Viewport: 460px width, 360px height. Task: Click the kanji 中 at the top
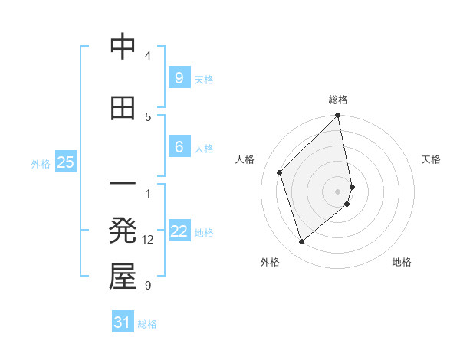(x=123, y=48)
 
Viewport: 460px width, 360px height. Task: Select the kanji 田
(x=123, y=108)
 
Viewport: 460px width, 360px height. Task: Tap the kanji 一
(x=123, y=185)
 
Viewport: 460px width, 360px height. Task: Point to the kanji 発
(x=123, y=231)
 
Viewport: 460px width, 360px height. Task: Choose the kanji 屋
(x=123, y=277)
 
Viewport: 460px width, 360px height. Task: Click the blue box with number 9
(x=179, y=77)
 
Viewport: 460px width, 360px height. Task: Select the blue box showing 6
(x=179, y=147)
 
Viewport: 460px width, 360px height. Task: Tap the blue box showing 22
(x=179, y=231)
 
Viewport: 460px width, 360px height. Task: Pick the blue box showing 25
(x=65, y=162)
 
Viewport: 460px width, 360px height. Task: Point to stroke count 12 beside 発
(x=148, y=240)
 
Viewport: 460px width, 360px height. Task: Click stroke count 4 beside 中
(x=148, y=56)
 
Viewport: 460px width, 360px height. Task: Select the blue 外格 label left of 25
(x=41, y=163)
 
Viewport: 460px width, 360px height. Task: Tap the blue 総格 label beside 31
(x=147, y=324)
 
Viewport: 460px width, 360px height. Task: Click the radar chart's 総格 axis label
(x=338, y=100)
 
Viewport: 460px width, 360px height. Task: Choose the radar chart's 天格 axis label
(x=431, y=159)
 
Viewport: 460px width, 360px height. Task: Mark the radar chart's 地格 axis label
(x=402, y=262)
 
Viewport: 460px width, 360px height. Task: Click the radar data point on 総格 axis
(x=338, y=116)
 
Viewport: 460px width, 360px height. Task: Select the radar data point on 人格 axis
(x=280, y=172)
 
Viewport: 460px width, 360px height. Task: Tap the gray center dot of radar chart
(x=338, y=191)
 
